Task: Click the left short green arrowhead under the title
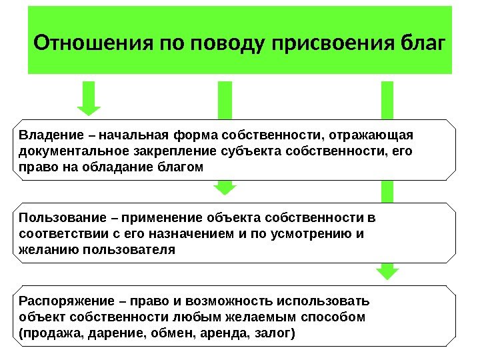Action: [89, 110]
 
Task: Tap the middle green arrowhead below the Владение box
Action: [226, 189]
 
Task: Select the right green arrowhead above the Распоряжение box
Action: [387, 273]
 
